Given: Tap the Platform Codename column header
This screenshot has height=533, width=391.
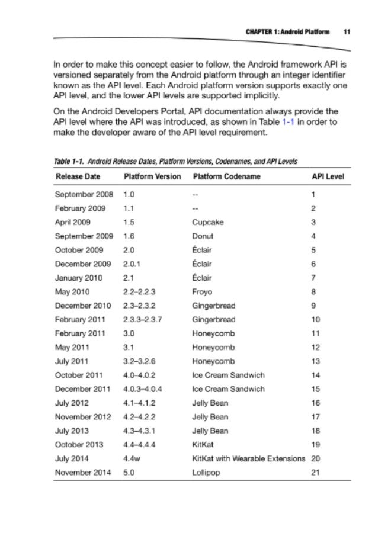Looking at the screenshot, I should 226,177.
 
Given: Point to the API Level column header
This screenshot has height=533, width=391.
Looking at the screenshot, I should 328,177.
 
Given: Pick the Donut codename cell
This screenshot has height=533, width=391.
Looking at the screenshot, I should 203,236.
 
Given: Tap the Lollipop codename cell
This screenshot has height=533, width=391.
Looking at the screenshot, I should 206,472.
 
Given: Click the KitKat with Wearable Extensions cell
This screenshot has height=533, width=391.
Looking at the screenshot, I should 248,458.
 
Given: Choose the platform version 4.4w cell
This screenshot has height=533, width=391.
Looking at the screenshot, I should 130,458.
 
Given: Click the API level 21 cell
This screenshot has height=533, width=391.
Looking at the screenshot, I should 316,472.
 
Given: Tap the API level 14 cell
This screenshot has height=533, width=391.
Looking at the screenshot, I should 316,375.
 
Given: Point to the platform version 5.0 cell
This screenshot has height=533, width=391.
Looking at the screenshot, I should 129,472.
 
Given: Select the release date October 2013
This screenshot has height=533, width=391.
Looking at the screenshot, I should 79,444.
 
